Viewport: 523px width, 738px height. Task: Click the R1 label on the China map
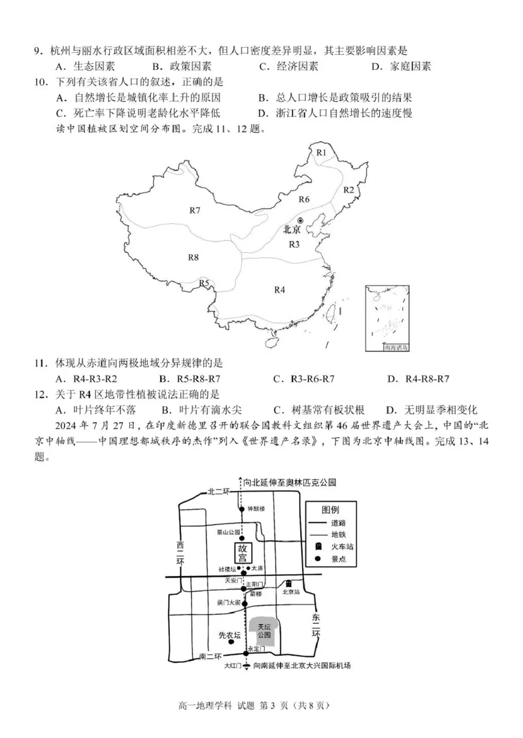(321, 152)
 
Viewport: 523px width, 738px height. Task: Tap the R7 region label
(195, 210)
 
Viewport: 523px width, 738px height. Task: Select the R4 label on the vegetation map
(280, 289)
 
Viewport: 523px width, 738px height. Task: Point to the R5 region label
(205, 283)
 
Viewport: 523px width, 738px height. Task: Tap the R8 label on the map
(193, 257)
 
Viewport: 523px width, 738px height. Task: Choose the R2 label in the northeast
(348, 190)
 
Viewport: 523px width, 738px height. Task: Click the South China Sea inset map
(388, 318)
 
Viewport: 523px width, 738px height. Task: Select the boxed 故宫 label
(243, 553)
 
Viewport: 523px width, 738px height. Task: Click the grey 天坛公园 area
(264, 630)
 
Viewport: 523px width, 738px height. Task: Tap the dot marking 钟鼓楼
(243, 509)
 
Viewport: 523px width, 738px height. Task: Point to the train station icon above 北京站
(288, 583)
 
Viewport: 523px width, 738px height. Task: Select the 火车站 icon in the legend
(318, 545)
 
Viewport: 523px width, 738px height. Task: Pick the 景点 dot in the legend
(318, 558)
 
